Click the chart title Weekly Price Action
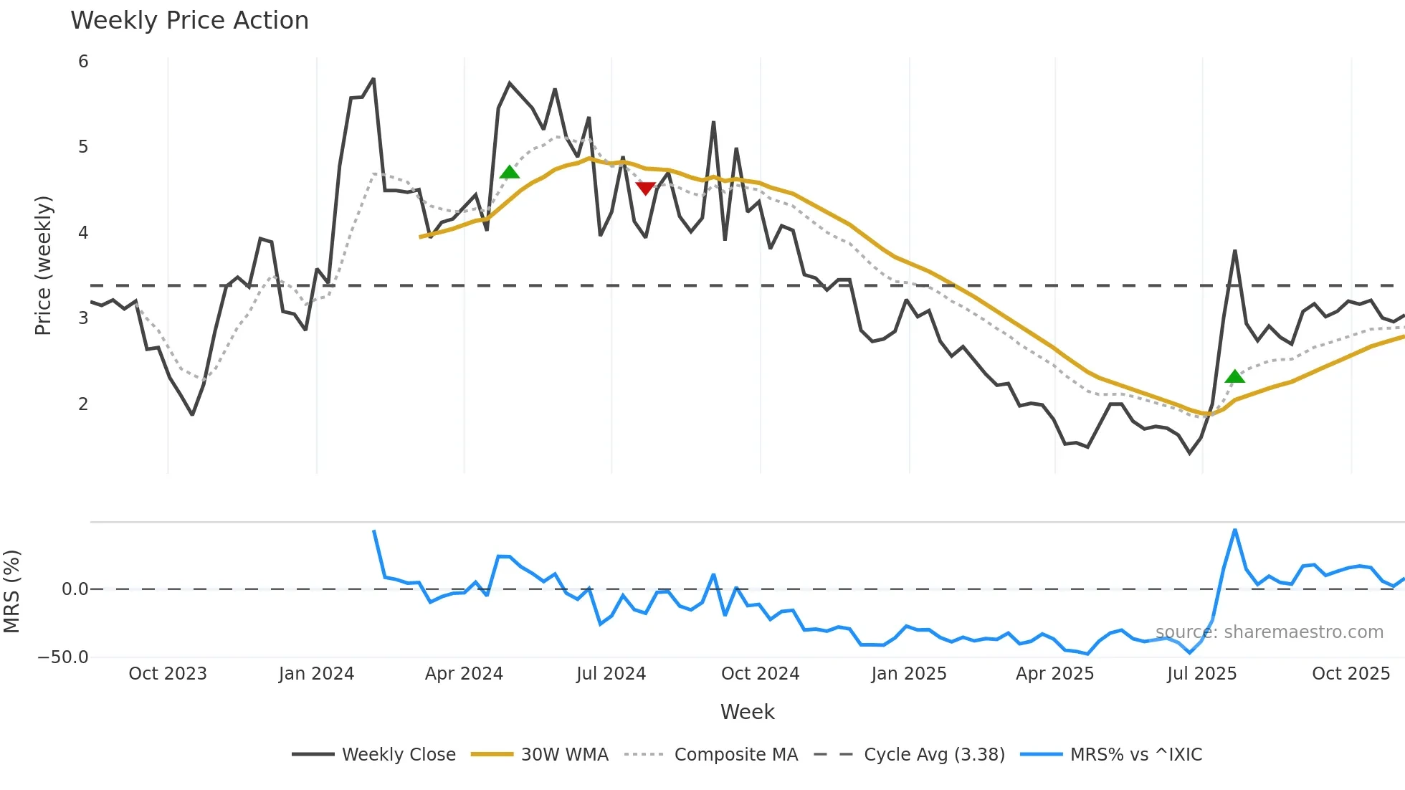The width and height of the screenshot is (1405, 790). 189,21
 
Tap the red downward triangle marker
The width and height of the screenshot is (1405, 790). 645,188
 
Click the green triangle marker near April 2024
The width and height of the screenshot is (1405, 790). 509,172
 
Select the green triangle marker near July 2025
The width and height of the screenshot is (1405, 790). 1234,376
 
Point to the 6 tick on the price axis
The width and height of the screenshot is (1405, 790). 83,62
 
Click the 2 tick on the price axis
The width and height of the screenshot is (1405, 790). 83,404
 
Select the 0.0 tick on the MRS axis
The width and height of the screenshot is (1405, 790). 75,589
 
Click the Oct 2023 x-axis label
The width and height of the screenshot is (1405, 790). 168,674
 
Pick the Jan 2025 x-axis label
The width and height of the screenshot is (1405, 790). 908,674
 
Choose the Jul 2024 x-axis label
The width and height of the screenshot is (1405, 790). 611,674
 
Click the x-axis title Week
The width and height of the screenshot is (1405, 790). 747,712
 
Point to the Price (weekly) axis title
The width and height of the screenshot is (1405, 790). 43,265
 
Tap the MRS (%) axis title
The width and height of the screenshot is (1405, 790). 12,591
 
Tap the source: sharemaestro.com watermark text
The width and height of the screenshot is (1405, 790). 1269,632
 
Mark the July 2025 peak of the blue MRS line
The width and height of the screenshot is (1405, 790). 1235,530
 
